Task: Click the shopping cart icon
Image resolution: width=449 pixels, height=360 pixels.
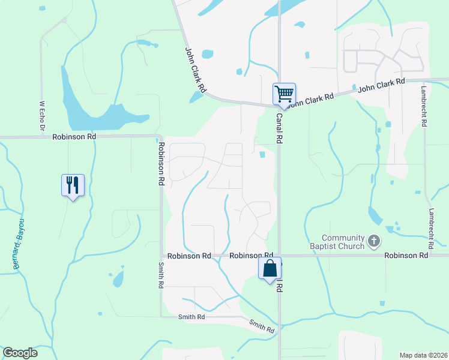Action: (284, 94)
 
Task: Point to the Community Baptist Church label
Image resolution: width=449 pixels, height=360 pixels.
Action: (343, 242)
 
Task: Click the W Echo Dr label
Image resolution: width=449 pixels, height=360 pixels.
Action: (42, 116)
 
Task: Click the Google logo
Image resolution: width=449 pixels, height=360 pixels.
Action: (20, 353)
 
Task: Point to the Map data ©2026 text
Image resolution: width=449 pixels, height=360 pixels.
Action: (423, 355)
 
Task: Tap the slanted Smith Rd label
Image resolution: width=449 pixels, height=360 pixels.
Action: (262, 326)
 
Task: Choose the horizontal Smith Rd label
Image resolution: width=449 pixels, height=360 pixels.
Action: (191, 316)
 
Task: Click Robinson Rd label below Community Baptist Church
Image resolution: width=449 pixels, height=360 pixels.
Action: (406, 256)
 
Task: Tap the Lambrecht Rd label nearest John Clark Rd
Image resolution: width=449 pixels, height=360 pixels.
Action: (424, 105)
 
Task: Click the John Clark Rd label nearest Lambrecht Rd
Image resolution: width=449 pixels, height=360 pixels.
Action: (381, 84)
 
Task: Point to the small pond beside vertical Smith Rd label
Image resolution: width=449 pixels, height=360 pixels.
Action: (118, 278)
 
